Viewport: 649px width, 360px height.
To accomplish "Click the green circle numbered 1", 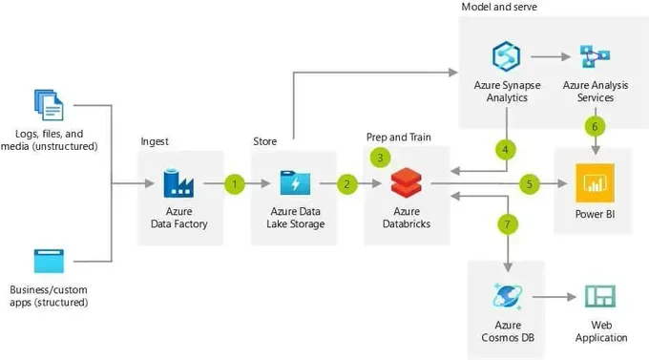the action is click(235, 184).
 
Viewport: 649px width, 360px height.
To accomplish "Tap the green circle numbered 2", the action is click(346, 184).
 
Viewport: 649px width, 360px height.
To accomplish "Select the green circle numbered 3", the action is click(380, 158).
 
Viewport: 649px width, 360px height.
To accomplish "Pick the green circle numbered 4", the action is click(506, 150).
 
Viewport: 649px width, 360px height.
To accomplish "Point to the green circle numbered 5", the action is click(530, 184).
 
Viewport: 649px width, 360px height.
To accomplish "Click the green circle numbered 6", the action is click(595, 126).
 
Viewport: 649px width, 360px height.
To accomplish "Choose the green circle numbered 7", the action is click(508, 224).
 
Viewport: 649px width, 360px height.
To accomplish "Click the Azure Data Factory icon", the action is click(178, 182).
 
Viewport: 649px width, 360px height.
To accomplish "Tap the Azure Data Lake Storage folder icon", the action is click(295, 182).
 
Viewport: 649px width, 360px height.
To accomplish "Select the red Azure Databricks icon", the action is click(407, 182).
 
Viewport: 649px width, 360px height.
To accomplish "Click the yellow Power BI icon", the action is click(595, 182).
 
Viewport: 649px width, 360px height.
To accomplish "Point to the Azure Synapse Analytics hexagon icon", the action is click(506, 56).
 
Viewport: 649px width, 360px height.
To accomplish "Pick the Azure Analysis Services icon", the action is click(595, 56).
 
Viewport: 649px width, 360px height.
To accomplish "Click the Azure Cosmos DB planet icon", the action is click(508, 296).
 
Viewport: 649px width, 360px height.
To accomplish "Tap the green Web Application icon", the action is click(600, 296).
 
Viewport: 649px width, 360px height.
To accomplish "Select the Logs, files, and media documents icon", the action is click(49, 105).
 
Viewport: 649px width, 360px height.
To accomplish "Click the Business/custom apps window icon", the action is click(49, 261).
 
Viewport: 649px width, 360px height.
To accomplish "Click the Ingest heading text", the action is click(155, 141).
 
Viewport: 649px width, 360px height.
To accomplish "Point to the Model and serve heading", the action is click(499, 7).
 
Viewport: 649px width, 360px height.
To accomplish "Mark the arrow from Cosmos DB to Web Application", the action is click(555, 297).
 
